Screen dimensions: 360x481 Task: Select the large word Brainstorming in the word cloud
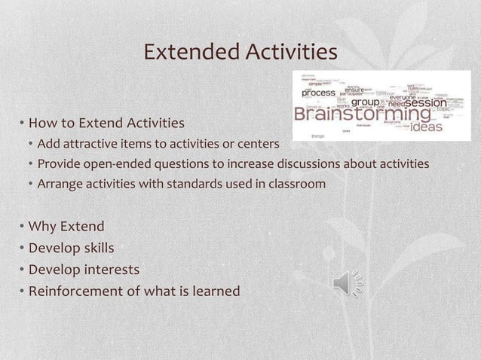[x=363, y=115]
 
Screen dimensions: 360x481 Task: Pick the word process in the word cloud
[x=319, y=93]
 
